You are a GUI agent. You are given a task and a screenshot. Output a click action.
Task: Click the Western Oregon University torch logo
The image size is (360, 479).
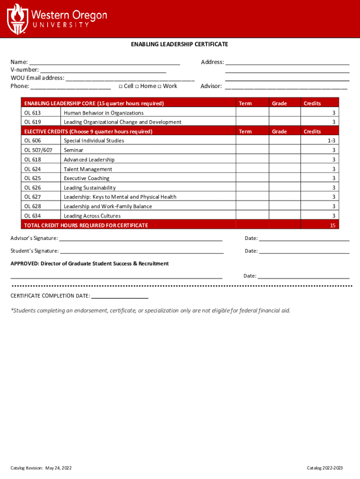point(17,19)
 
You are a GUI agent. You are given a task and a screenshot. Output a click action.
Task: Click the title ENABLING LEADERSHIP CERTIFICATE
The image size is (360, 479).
point(179,44)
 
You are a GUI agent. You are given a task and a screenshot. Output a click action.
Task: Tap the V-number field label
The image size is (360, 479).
point(25,70)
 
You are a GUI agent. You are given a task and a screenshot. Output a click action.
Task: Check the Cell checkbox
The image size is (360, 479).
point(121,86)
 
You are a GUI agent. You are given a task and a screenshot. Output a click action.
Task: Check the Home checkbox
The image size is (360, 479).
point(137,86)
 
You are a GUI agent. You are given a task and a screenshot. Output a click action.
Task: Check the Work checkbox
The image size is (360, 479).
point(159,86)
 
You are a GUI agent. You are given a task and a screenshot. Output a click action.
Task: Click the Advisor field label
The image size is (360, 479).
point(211,86)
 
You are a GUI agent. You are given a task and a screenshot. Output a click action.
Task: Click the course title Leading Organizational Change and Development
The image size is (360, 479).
point(122,122)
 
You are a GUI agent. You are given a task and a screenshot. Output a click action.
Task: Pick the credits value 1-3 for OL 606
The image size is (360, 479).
point(331,141)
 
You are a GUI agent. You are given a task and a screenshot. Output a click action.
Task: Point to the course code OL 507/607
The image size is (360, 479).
point(38,150)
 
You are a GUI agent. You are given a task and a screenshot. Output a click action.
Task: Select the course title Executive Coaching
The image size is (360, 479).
point(86,178)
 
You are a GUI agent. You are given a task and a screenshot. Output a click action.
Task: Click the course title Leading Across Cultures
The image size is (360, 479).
point(92,216)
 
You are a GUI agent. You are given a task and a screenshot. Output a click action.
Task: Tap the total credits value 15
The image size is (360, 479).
point(332,225)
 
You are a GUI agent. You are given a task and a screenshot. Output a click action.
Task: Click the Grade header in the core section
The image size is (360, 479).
point(279,103)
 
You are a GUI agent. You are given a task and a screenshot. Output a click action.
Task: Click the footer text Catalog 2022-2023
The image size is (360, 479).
point(324,468)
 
